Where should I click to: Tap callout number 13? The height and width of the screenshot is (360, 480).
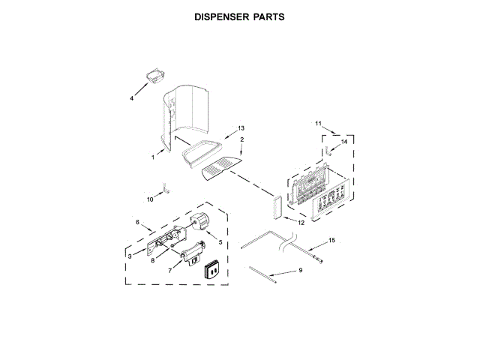point(241,128)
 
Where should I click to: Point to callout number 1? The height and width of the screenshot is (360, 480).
point(152,157)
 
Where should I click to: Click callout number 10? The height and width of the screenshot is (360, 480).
point(150,199)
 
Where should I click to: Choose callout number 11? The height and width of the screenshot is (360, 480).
point(317,123)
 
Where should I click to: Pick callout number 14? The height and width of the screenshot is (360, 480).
point(344,140)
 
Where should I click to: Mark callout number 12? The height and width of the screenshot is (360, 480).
point(301,223)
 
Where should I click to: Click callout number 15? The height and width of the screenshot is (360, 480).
point(332,240)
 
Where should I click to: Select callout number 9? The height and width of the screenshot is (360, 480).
point(301,270)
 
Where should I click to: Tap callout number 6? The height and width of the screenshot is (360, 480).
point(137,222)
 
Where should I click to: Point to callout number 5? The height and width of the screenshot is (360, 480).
point(220,241)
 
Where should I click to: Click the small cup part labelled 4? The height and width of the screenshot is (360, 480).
point(154,76)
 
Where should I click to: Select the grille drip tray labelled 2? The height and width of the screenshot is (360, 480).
point(222,168)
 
